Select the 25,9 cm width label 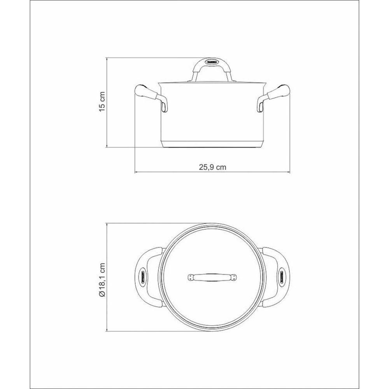pyautogui.click(x=212, y=167)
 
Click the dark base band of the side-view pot pyautogui.click(x=212, y=144)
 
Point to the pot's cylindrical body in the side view pyautogui.click(x=212, y=113)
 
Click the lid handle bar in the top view pyautogui.click(x=212, y=277)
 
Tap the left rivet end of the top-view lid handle pyautogui.click(x=190, y=277)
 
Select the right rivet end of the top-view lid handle pyautogui.click(x=235, y=277)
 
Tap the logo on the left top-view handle pyautogui.click(x=143, y=277)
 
